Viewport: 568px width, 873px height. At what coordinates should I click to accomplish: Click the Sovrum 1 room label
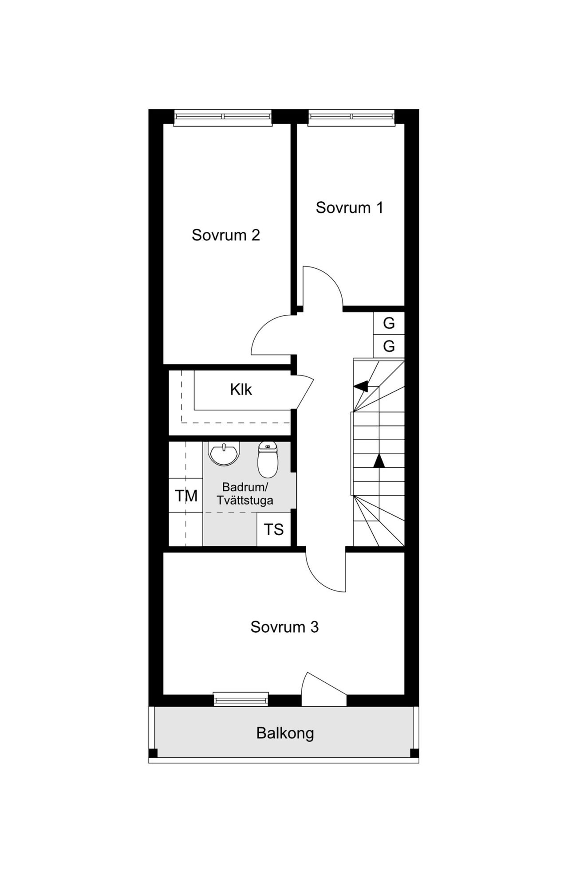[349, 207]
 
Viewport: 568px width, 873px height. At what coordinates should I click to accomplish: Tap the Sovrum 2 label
[225, 235]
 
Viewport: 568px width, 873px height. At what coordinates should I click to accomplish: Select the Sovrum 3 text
[284, 627]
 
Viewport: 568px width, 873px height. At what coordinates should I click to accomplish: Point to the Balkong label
[285, 733]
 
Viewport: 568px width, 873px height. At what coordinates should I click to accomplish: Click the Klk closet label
[241, 389]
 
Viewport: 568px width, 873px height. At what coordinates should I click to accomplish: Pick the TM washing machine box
[186, 496]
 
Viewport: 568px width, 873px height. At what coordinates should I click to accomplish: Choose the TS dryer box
[274, 529]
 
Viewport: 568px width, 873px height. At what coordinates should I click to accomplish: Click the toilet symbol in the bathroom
[268, 459]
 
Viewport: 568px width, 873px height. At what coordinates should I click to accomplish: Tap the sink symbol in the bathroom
[225, 454]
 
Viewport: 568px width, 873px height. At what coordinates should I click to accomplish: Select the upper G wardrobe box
[389, 323]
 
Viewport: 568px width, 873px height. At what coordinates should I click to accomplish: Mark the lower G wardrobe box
[389, 346]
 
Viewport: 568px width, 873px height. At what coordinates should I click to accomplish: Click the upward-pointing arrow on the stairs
[379, 461]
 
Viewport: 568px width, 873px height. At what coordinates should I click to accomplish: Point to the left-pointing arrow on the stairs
[361, 386]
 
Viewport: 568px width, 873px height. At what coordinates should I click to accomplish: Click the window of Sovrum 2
[222, 117]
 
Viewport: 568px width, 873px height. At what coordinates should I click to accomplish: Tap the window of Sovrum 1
[351, 117]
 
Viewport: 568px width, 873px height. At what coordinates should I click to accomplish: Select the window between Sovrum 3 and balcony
[241, 699]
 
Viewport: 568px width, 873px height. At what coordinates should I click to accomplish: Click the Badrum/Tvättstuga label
[245, 494]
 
